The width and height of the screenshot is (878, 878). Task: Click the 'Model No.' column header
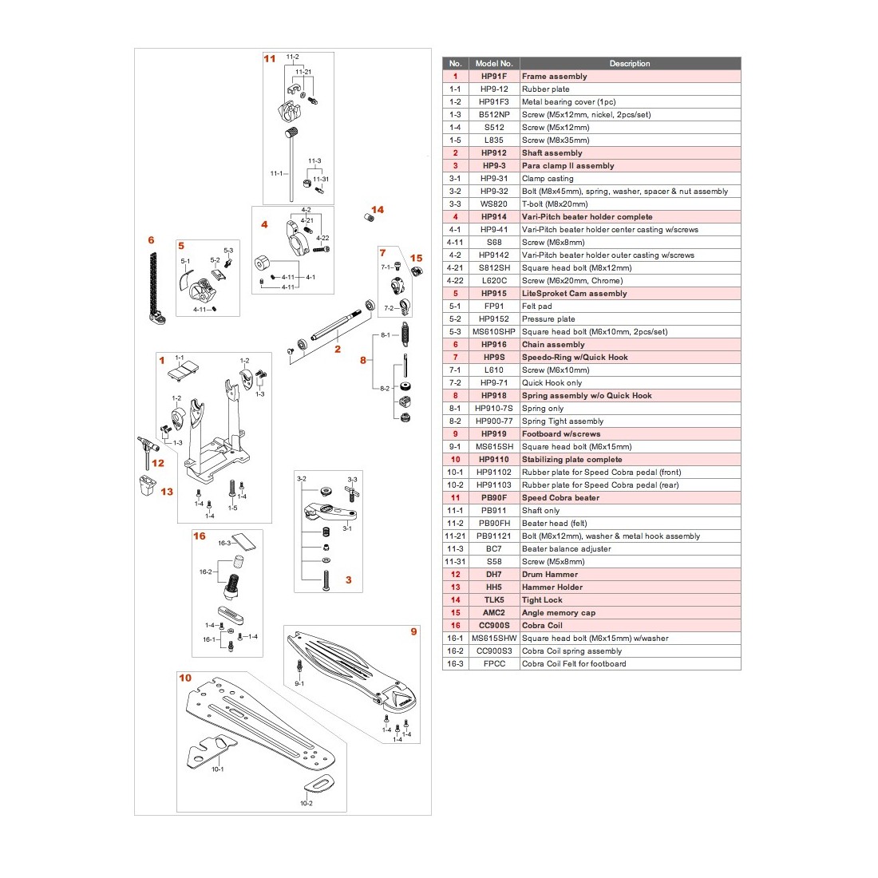[494, 63]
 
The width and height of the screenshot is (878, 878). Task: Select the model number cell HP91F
[494, 76]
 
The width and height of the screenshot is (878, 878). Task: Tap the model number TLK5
[494, 599]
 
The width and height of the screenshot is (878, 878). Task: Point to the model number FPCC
[494, 663]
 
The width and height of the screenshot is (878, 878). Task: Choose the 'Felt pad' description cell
[537, 307]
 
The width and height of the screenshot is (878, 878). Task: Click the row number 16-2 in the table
[455, 651]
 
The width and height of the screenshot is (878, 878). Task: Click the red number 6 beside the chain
[151, 239]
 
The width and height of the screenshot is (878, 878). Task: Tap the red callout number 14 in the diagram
[378, 209]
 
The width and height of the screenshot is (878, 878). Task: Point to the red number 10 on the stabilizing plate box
[185, 678]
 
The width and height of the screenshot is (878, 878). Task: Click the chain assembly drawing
[155, 288]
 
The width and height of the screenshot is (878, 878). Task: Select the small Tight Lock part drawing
[369, 217]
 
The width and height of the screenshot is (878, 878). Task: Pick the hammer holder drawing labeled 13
[148, 485]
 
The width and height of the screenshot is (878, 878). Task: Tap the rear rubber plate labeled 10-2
[320, 783]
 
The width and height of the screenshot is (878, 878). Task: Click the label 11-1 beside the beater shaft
[277, 173]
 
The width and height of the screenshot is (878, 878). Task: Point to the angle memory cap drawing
[417, 272]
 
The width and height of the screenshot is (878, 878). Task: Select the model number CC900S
[494, 626]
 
